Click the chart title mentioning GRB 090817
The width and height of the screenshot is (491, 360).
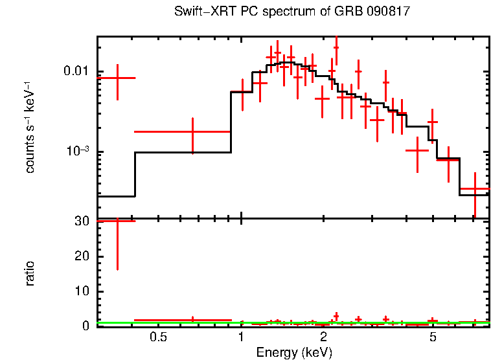click(x=292, y=12)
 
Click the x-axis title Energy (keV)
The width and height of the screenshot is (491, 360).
click(x=293, y=352)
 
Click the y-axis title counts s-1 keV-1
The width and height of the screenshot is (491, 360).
click(x=30, y=127)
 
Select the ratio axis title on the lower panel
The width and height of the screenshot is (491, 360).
click(x=30, y=273)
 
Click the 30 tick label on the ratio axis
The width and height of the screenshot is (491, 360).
click(x=82, y=221)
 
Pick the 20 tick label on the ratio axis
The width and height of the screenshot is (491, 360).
click(x=82, y=256)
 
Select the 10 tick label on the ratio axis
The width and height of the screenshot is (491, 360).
click(x=82, y=291)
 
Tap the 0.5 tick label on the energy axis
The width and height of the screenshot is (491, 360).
click(x=158, y=337)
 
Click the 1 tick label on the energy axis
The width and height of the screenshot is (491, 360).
click(x=241, y=337)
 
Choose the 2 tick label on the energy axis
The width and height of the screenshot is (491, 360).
click(x=323, y=337)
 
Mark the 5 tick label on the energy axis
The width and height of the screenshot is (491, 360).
click(x=433, y=337)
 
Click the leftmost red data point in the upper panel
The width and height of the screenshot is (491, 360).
click(x=117, y=78)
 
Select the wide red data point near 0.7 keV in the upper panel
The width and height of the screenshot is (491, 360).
click(x=192, y=131)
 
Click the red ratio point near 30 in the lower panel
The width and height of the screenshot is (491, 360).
click(x=117, y=221)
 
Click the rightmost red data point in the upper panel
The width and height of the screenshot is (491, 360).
click(x=475, y=189)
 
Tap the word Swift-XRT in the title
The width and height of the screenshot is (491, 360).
click(x=202, y=12)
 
